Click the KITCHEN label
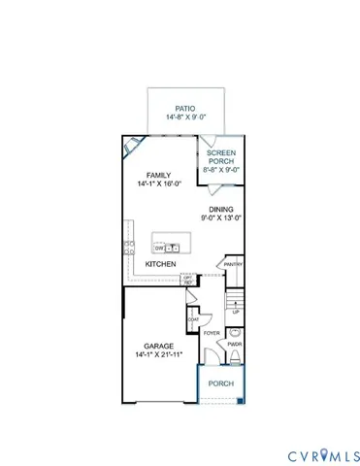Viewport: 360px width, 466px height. pos(160,264)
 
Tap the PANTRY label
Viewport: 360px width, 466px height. pos(232,263)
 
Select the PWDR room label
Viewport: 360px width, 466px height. pos(235,344)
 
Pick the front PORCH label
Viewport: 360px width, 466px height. pos(221,383)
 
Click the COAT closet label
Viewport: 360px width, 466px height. pos(194,319)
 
